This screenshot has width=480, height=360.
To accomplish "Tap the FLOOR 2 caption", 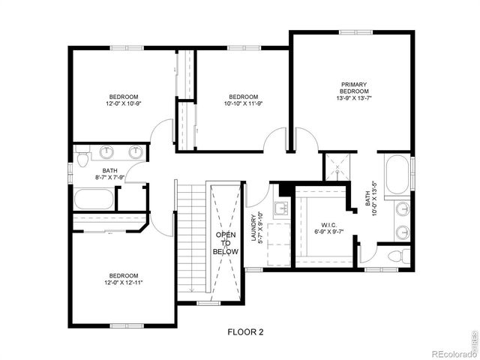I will (x=245, y=331).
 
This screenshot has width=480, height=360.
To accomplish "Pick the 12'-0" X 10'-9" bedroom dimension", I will (x=123, y=104).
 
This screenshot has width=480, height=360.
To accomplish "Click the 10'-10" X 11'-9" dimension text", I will (x=243, y=104).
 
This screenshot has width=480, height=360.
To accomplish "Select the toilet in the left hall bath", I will (x=82, y=155).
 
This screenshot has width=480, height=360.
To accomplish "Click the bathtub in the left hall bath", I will (x=94, y=200).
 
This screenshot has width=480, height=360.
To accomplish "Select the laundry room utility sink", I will (x=282, y=208).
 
